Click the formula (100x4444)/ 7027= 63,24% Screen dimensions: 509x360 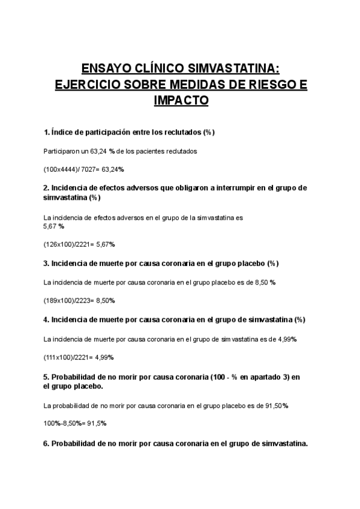click(x=84, y=169)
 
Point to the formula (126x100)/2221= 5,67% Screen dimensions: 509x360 click(x=79, y=244)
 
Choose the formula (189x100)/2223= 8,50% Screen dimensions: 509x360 click(x=79, y=300)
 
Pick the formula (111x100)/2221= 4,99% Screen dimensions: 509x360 click(x=79, y=357)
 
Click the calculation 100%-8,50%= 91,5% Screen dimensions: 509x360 click(x=75, y=423)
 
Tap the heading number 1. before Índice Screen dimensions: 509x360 click(x=47, y=132)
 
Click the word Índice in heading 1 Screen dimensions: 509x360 click(x=64, y=132)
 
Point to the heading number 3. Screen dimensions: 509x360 click(x=47, y=264)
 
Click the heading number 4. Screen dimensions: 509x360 click(x=47, y=319)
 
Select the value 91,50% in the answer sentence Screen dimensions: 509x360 click(x=277, y=406)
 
